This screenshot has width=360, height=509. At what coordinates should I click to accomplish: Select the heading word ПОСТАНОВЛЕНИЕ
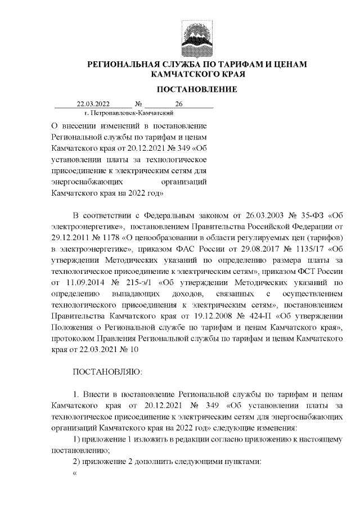tap(196, 89)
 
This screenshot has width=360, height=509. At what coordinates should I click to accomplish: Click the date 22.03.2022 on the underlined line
tap(93, 104)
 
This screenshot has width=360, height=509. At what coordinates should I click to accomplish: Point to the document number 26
tap(179, 104)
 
